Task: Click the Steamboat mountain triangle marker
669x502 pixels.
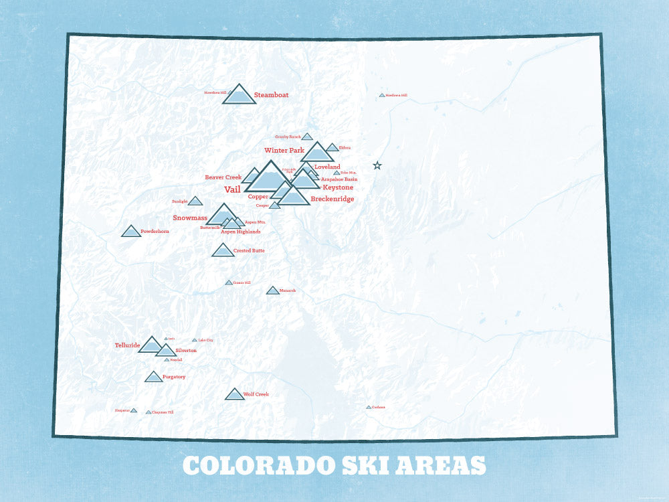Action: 239,96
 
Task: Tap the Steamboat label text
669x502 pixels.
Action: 272,95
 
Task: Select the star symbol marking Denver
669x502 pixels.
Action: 377,165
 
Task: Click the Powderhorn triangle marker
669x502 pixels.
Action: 131,232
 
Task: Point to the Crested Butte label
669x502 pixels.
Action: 249,250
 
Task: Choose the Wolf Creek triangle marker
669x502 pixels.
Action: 234,395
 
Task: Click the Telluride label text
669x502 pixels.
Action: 127,345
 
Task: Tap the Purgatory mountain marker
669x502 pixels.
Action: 154,378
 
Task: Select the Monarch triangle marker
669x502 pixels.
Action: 272,290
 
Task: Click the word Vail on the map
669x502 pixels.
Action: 232,190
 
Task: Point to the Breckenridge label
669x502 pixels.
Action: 332,199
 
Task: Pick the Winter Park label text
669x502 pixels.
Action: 284,151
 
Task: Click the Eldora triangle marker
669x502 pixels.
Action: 332,148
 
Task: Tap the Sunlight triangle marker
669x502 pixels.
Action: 195,201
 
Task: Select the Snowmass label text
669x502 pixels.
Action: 190,218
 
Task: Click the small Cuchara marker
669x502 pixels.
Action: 369,407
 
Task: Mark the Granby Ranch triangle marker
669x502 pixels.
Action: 307,137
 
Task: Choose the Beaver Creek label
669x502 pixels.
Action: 223,177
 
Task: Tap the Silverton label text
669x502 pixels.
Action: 186,351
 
